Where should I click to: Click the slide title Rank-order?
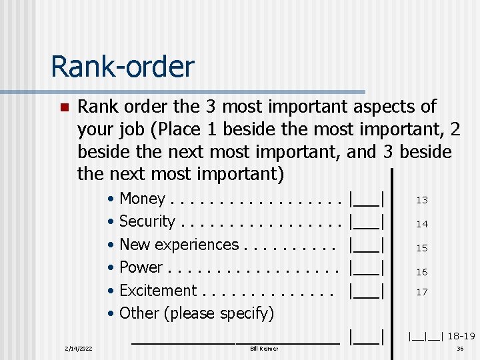pyautogui.click(x=122, y=67)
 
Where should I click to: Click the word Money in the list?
pyautogui.click(x=142, y=199)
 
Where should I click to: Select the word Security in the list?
pyautogui.click(x=147, y=221)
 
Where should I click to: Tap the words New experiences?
pyautogui.click(x=179, y=245)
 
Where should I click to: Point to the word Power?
pyautogui.click(x=141, y=267)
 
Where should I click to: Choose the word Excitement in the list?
pyautogui.click(x=157, y=291)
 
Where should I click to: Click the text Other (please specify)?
pyautogui.click(x=196, y=313)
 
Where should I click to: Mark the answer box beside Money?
pyautogui.click(x=367, y=199)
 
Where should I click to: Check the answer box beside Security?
pyautogui.click(x=367, y=221)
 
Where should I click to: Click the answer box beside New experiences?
pyautogui.click(x=367, y=245)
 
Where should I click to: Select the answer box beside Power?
pyautogui.click(x=367, y=267)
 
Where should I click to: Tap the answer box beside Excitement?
pyautogui.click(x=367, y=291)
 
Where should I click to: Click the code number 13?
pyautogui.click(x=422, y=200)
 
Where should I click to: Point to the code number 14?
pyautogui.click(x=422, y=225)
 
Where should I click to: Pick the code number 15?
pyautogui.click(x=422, y=248)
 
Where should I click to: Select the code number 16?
pyautogui.click(x=422, y=272)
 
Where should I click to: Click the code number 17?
pyautogui.click(x=422, y=292)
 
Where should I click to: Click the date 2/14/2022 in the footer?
pyautogui.click(x=79, y=349)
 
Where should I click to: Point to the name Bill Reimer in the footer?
pyautogui.click(x=264, y=349)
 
